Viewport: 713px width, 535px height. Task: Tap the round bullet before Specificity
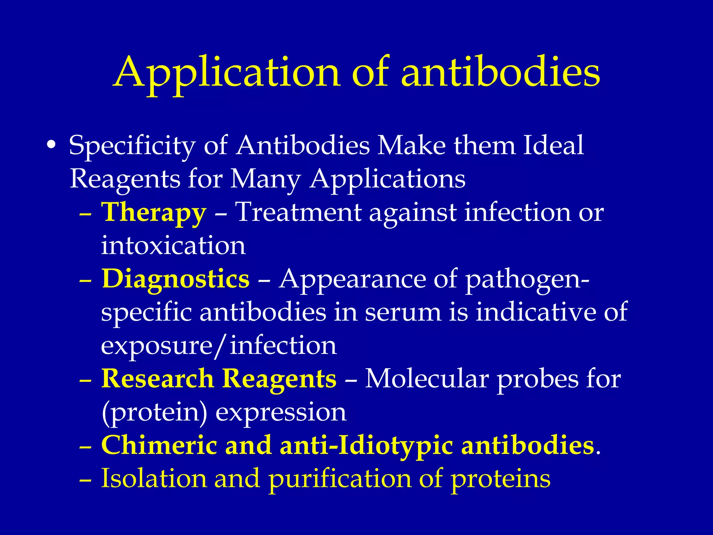(51, 145)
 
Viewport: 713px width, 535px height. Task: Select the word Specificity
(132, 146)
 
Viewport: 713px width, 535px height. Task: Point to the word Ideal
(553, 145)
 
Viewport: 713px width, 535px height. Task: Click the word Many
(265, 179)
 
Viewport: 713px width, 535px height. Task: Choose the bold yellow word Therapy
(154, 213)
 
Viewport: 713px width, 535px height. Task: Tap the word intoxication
(173, 246)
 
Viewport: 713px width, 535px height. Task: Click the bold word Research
(157, 379)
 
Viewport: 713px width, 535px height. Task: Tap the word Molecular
(427, 379)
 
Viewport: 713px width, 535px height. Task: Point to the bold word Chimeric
(159, 445)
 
